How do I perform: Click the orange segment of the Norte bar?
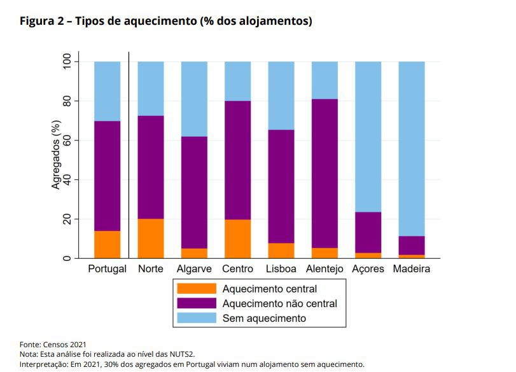[x=151, y=238]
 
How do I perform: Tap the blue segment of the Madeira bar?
[x=412, y=148]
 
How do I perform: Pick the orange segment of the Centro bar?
[x=237, y=238]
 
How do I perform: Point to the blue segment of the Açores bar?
[x=368, y=136]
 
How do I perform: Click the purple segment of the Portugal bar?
[x=108, y=176]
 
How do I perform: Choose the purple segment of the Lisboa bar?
[x=281, y=186]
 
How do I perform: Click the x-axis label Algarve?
[x=194, y=269]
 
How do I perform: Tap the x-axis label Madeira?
[x=412, y=269]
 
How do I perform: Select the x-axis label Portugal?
[x=108, y=269]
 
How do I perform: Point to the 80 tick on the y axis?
[x=72, y=101]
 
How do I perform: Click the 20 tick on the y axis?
[x=72, y=219]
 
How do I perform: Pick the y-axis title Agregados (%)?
[x=56, y=160]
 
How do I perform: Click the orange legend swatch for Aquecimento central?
[x=197, y=289]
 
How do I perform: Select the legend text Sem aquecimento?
[x=263, y=318]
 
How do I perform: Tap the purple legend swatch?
[x=197, y=303]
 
